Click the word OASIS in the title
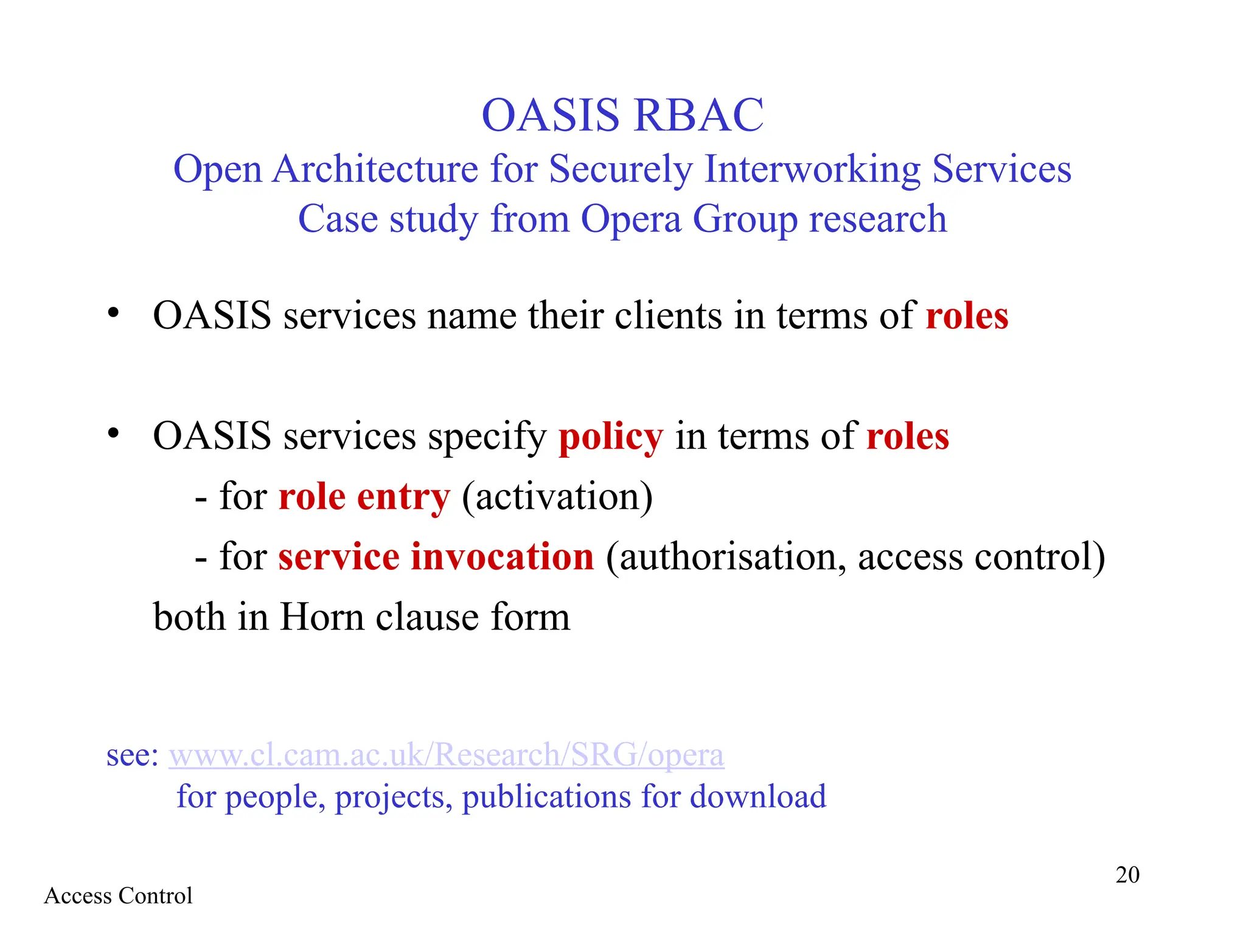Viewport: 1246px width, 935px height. (x=551, y=115)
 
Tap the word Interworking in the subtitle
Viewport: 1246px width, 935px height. (x=812, y=169)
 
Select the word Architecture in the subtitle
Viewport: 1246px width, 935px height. (x=375, y=169)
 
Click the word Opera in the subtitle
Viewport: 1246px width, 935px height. (x=631, y=219)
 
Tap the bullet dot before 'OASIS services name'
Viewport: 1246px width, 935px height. (x=113, y=313)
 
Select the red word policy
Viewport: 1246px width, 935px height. (x=611, y=438)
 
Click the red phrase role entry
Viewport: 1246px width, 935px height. (x=364, y=497)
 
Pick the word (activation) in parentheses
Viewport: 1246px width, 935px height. (x=557, y=497)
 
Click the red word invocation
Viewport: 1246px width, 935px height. (x=502, y=556)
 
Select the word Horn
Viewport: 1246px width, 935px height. (x=322, y=617)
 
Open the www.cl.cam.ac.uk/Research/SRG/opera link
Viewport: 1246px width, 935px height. (x=446, y=755)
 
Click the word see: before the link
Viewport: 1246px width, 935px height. (x=132, y=755)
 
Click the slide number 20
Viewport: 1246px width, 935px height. (x=1127, y=875)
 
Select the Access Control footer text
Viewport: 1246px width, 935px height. (x=118, y=896)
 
